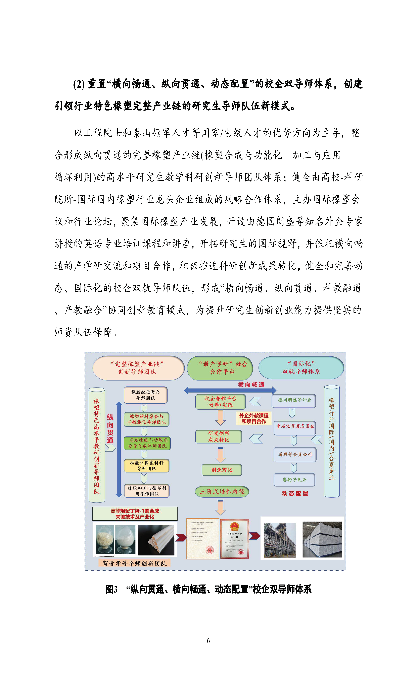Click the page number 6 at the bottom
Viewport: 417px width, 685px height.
point(208,640)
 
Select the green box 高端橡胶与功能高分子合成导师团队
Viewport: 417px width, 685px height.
point(147,443)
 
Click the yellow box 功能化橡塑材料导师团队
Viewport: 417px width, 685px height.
point(146,465)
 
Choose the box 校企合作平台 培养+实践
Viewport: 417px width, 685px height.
point(220,402)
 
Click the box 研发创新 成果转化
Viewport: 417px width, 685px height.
point(219,436)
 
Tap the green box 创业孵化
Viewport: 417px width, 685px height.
point(222,470)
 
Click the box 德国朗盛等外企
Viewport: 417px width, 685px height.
point(294,400)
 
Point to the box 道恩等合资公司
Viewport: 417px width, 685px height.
point(295,454)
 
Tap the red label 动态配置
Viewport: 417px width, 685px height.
point(295,493)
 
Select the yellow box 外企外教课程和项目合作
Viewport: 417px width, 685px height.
point(254,418)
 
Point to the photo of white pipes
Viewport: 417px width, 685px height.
point(156,540)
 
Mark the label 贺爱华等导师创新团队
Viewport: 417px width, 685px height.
point(134,563)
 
